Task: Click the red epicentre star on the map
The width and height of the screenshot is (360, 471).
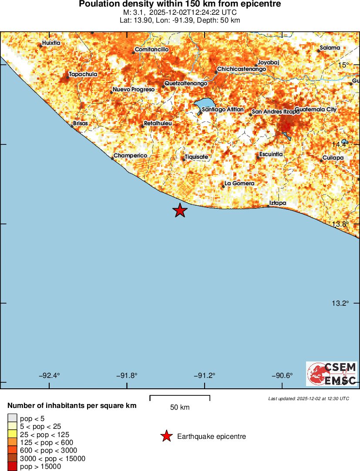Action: (180, 210)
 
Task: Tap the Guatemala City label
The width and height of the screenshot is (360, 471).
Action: (316, 110)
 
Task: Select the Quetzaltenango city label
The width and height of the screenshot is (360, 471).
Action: (186, 83)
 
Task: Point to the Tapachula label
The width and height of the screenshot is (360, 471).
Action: (83, 74)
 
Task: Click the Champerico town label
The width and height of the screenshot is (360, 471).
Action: (130, 156)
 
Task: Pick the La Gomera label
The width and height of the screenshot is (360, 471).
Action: (239, 184)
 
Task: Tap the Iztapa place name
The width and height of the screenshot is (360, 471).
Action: (278, 203)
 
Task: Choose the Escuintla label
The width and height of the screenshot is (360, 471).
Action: (271, 154)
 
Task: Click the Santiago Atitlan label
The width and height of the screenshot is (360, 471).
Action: (223, 110)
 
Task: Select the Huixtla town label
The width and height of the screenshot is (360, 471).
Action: (51, 43)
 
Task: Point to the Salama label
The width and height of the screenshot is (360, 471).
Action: (329, 47)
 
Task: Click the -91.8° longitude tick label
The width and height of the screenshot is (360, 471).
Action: (127, 376)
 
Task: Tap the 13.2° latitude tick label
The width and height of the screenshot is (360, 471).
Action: (340, 303)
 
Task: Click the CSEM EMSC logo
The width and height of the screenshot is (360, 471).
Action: (332, 374)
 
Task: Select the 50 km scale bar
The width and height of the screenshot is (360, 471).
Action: (180, 398)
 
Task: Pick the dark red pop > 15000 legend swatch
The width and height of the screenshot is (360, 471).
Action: (12, 467)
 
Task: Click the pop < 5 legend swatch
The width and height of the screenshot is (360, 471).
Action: (12, 418)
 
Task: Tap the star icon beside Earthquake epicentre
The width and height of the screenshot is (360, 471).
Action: (166, 436)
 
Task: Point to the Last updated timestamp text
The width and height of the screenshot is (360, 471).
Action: (309, 398)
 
